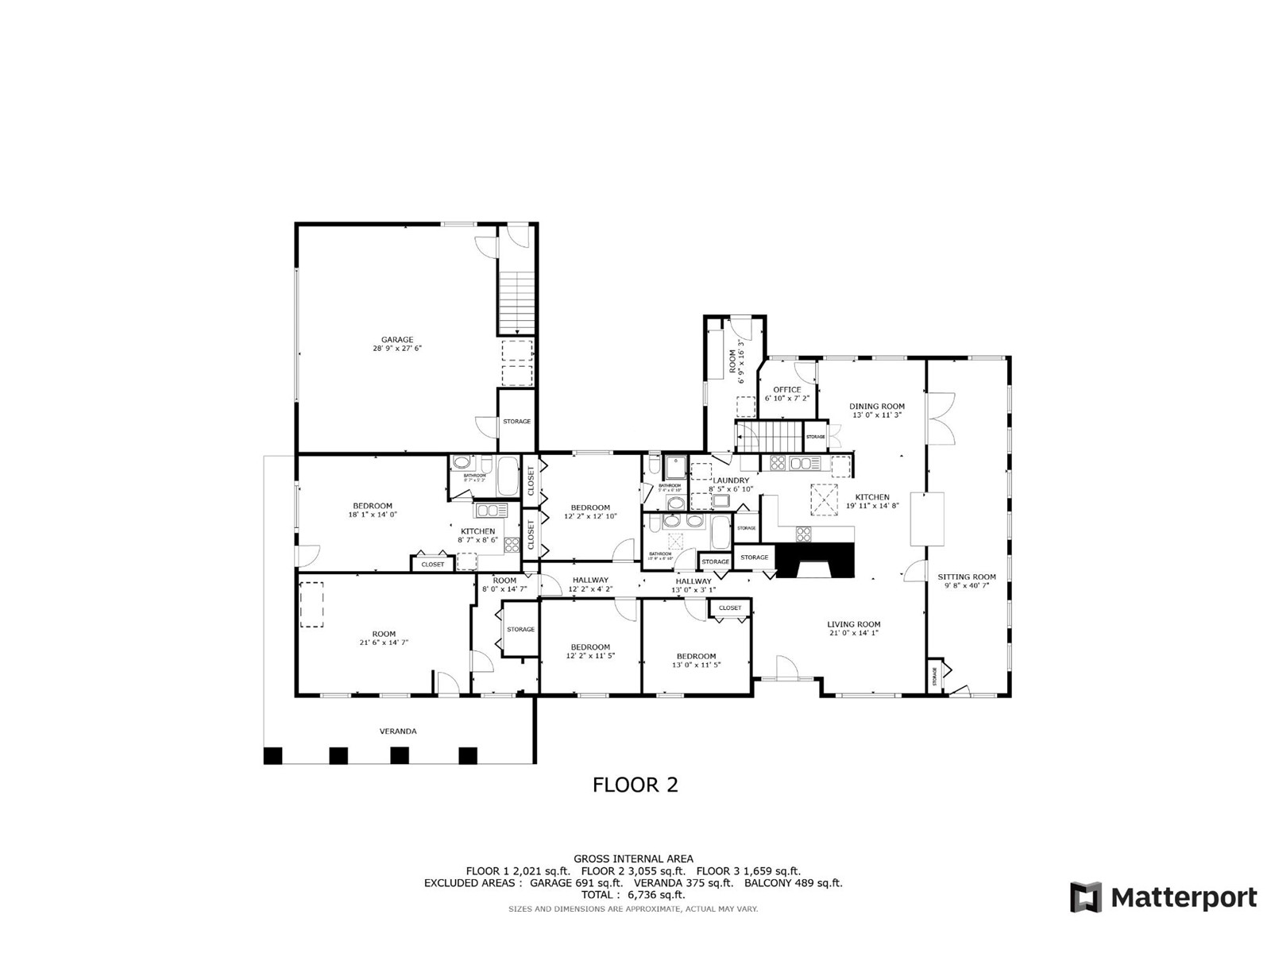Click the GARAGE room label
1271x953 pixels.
[396, 340]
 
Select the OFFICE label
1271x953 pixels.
[787, 390]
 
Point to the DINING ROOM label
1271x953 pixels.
[877, 407]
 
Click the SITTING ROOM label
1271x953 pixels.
[966, 577]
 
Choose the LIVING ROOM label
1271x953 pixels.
[854, 624]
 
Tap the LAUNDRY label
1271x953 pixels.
[731, 480]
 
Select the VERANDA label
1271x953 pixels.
[398, 731]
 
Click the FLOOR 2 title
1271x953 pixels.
[635, 785]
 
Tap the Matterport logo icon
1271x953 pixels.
[1085, 897]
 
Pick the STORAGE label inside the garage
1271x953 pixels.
[516, 421]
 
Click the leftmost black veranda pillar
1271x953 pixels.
[272, 755]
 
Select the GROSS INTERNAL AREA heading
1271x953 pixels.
[633, 858]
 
